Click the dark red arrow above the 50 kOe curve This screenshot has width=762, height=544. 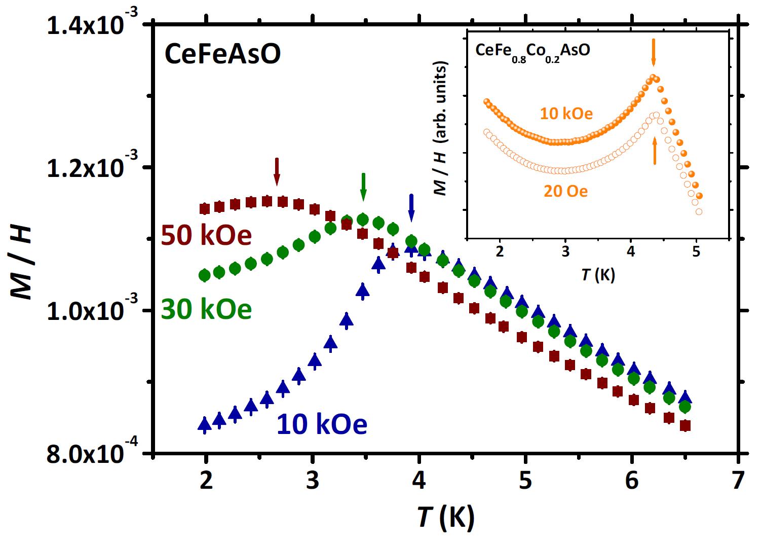pos(277,171)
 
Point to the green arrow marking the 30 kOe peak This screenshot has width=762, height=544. pos(363,187)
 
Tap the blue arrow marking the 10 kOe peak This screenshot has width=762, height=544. pos(411,207)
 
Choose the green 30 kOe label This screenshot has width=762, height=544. pos(206,309)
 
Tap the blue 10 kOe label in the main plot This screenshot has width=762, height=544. pos(321,424)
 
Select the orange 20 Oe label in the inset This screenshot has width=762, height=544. pos(566,192)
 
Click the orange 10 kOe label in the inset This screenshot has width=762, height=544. pos(566,113)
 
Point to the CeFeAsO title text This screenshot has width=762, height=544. pos(222,55)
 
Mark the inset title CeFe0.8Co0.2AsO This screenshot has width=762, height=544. pos(532,51)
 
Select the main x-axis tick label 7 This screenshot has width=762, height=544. pos(738,481)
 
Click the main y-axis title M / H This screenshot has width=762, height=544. pos(22,262)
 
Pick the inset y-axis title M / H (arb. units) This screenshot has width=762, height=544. pos(441,129)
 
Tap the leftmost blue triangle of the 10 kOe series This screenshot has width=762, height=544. pos(205,424)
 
